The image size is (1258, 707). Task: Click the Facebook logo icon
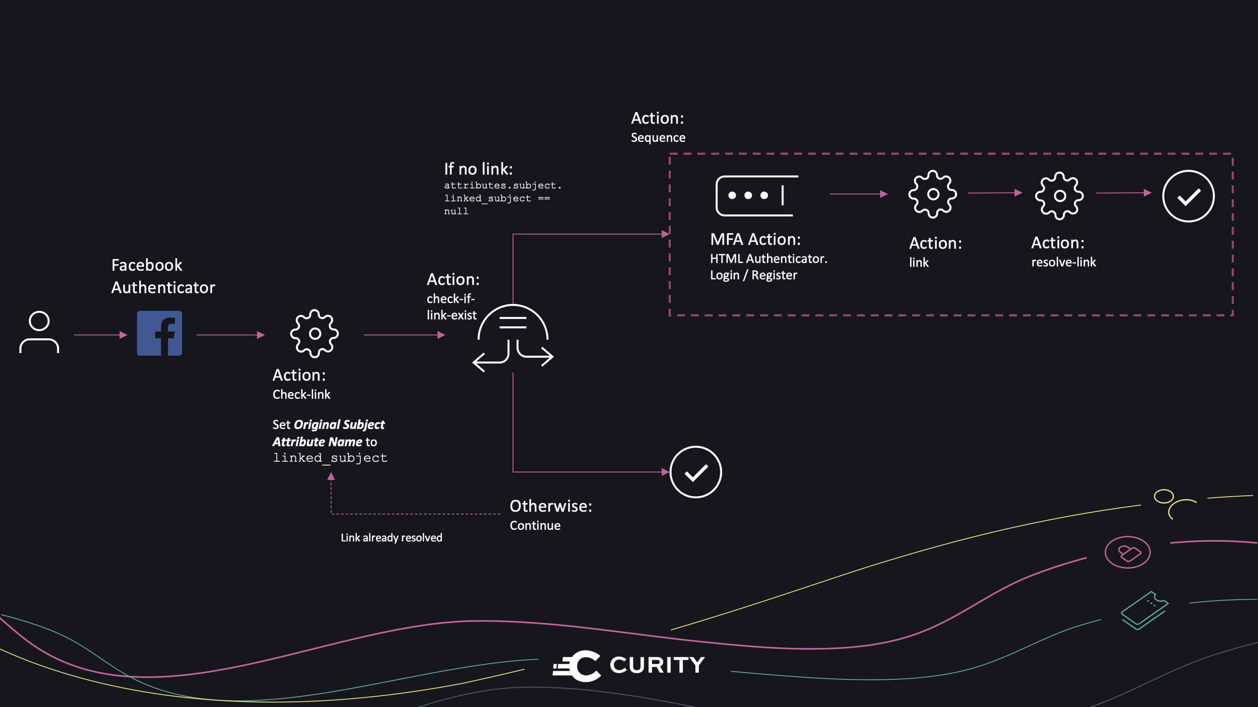159,334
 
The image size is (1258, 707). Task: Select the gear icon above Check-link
315,334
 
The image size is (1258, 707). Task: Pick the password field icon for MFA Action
756,195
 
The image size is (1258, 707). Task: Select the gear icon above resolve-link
1059,195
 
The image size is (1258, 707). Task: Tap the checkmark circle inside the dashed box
1188,196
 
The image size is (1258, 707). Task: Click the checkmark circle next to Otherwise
695,472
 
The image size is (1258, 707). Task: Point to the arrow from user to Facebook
100,335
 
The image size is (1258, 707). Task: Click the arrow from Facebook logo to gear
231,335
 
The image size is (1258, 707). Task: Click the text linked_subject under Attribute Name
330,458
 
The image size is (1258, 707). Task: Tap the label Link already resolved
391,538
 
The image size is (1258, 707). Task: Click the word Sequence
658,138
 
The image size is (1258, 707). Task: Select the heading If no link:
478,169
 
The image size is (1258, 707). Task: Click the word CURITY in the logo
657,665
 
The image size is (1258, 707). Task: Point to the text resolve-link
1063,262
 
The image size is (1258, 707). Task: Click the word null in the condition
456,211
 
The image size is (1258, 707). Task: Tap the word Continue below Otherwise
535,526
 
